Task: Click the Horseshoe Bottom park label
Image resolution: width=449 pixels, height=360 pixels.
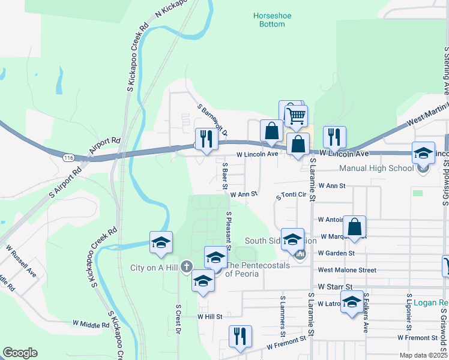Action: (268, 19)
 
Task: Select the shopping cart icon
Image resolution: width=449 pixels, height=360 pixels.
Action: (295, 115)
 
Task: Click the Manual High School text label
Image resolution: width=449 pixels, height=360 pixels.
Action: (376, 169)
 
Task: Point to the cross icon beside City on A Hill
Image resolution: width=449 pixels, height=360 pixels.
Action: (186, 266)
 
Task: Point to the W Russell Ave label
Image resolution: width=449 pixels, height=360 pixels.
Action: (22, 261)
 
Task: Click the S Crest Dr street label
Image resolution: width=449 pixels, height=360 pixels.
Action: (178, 320)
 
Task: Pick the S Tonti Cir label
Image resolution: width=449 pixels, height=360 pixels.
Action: (291, 196)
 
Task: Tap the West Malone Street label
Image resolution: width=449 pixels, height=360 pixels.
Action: (347, 271)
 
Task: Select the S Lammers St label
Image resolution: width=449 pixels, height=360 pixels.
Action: (282, 313)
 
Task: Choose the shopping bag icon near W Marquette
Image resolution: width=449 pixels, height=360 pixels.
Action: (355, 227)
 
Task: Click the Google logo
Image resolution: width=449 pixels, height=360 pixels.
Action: (20, 353)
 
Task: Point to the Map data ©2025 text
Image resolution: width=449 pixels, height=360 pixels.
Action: (421, 355)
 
